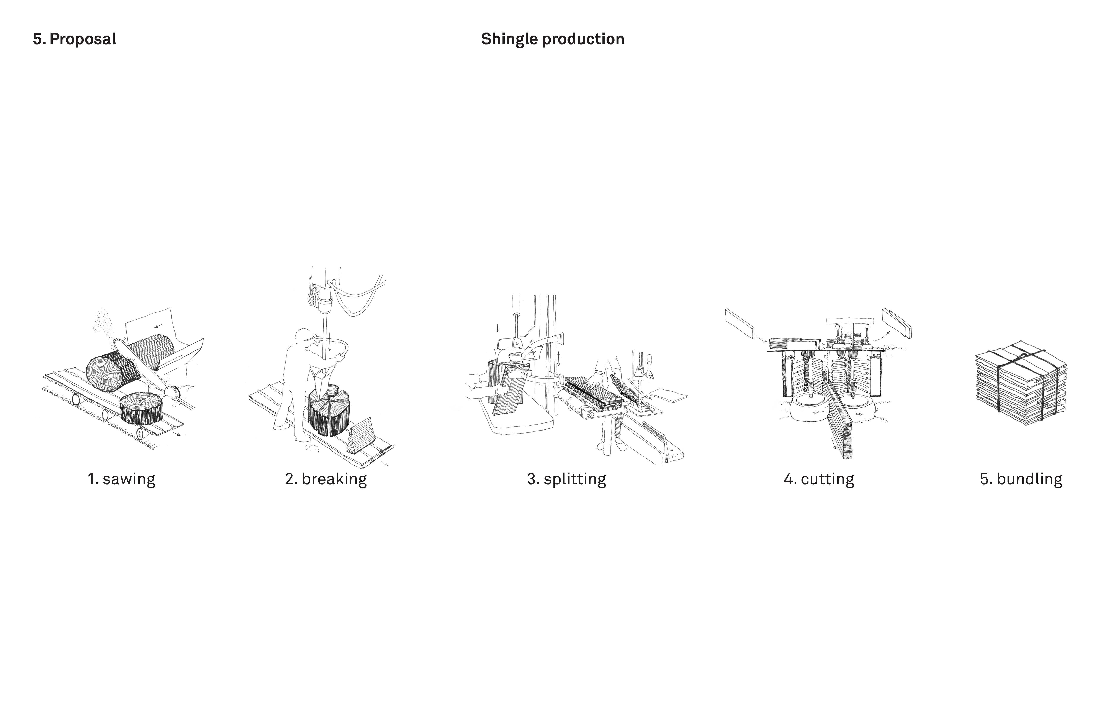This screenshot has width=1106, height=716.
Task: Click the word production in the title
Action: click(583, 39)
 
